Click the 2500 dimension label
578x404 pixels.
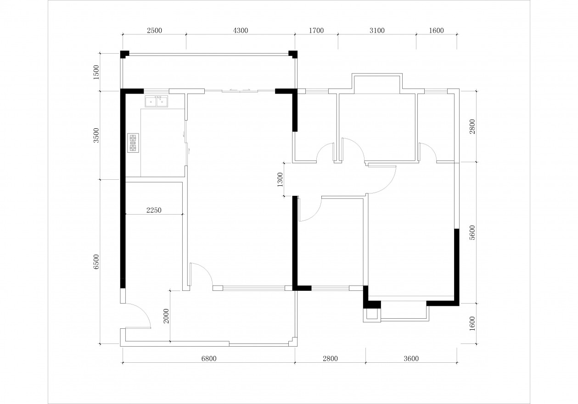coord(154,31)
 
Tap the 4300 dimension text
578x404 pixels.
coord(240,31)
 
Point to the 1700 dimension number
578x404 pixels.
coord(316,31)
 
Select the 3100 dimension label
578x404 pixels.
coord(377,31)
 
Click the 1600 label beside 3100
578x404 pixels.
coord(436,31)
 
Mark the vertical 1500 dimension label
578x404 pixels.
coord(96,72)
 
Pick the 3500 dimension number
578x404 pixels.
coord(96,135)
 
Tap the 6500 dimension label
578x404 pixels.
coord(96,262)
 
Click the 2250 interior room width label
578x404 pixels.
coord(154,210)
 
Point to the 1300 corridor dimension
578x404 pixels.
coord(280,179)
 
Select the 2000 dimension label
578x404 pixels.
coord(167,316)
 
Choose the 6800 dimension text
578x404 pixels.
coord(209,359)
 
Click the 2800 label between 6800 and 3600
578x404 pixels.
coord(330,359)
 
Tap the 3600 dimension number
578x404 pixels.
coord(411,359)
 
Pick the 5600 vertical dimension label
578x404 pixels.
coord(472,233)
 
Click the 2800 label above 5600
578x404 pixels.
coord(472,127)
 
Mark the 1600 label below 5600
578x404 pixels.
coord(472,324)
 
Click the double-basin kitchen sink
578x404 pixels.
coord(157,101)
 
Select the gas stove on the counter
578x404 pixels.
coord(133,143)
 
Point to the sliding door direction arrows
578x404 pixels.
coord(240,90)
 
